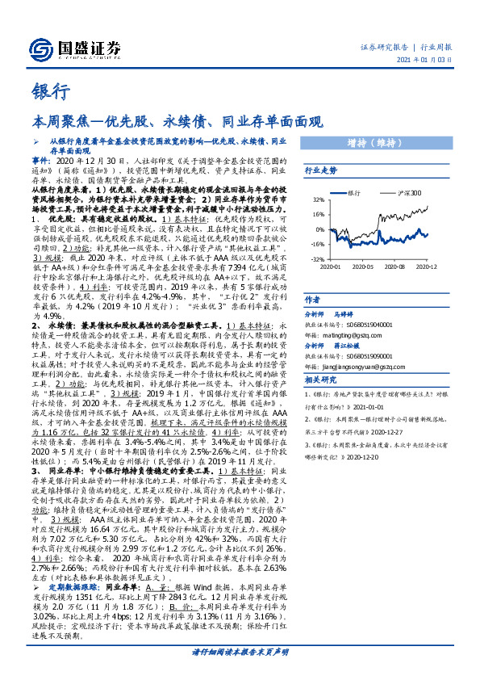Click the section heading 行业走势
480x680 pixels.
coord(320,171)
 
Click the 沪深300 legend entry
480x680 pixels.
coord(409,194)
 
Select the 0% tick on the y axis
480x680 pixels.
coord(319,229)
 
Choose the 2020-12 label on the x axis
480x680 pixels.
coord(426,266)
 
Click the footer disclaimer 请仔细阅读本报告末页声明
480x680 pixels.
coord(240,652)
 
